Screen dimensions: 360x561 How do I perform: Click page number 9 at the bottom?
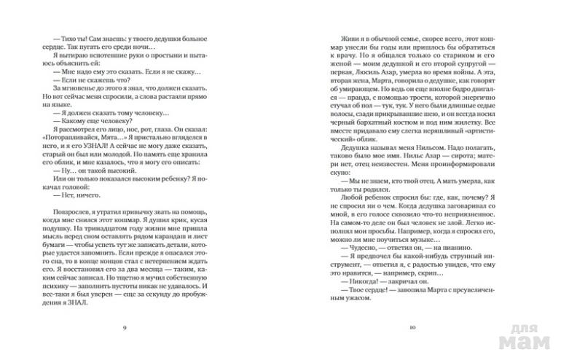click(126, 329)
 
